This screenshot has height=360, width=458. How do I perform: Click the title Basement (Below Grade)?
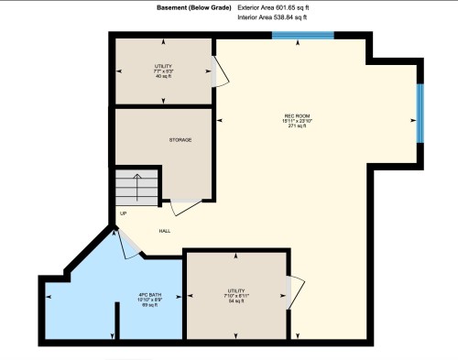click(182, 7)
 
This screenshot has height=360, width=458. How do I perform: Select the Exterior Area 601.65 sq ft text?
click(272, 7)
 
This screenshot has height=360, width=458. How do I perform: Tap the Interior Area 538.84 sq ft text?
click(272, 17)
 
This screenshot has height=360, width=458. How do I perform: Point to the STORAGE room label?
click(180, 140)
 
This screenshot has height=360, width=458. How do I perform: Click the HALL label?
click(165, 231)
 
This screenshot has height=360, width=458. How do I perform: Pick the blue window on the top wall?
click(303, 36)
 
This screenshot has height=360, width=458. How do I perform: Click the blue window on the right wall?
click(420, 115)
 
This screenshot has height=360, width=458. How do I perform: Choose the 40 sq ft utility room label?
click(163, 76)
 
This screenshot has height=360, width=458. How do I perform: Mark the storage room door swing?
click(183, 207)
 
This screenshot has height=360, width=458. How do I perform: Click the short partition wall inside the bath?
click(116, 322)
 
